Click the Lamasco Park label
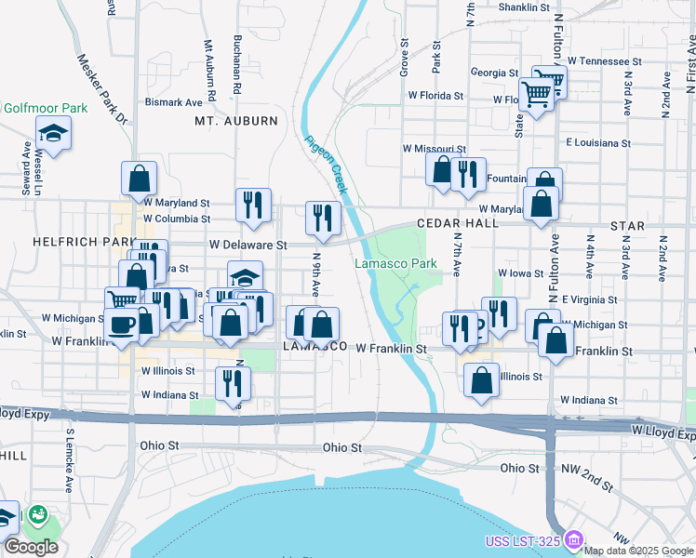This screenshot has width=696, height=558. [x=395, y=264]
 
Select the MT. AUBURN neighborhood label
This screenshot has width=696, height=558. [x=236, y=121]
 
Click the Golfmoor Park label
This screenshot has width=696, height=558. [x=45, y=108]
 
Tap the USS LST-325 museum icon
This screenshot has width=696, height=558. [x=573, y=539]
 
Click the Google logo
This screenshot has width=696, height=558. [x=31, y=547]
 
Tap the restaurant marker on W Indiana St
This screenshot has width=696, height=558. [x=233, y=382]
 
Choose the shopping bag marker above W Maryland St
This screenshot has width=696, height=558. [x=139, y=177]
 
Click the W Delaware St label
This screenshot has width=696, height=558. [x=247, y=245]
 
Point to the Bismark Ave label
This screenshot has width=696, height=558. [x=174, y=102]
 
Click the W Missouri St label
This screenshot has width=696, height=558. [x=434, y=148]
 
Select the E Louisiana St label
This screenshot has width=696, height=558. [x=598, y=144]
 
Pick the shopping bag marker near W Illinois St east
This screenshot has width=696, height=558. [x=481, y=380]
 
